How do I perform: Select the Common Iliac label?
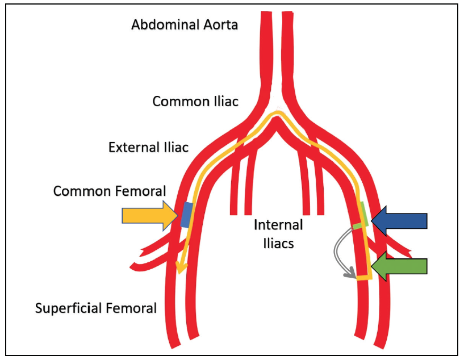pos(195,101)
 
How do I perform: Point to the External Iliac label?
pos(148,148)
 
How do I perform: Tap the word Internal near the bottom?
pos(278,225)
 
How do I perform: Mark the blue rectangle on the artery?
pos(186,215)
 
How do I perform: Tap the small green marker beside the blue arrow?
pos(358,225)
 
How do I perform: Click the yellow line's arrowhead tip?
pos(181,271)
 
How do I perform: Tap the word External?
pos(131,148)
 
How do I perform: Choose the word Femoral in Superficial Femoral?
pos(133,308)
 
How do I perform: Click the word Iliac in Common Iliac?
pos(223,101)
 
